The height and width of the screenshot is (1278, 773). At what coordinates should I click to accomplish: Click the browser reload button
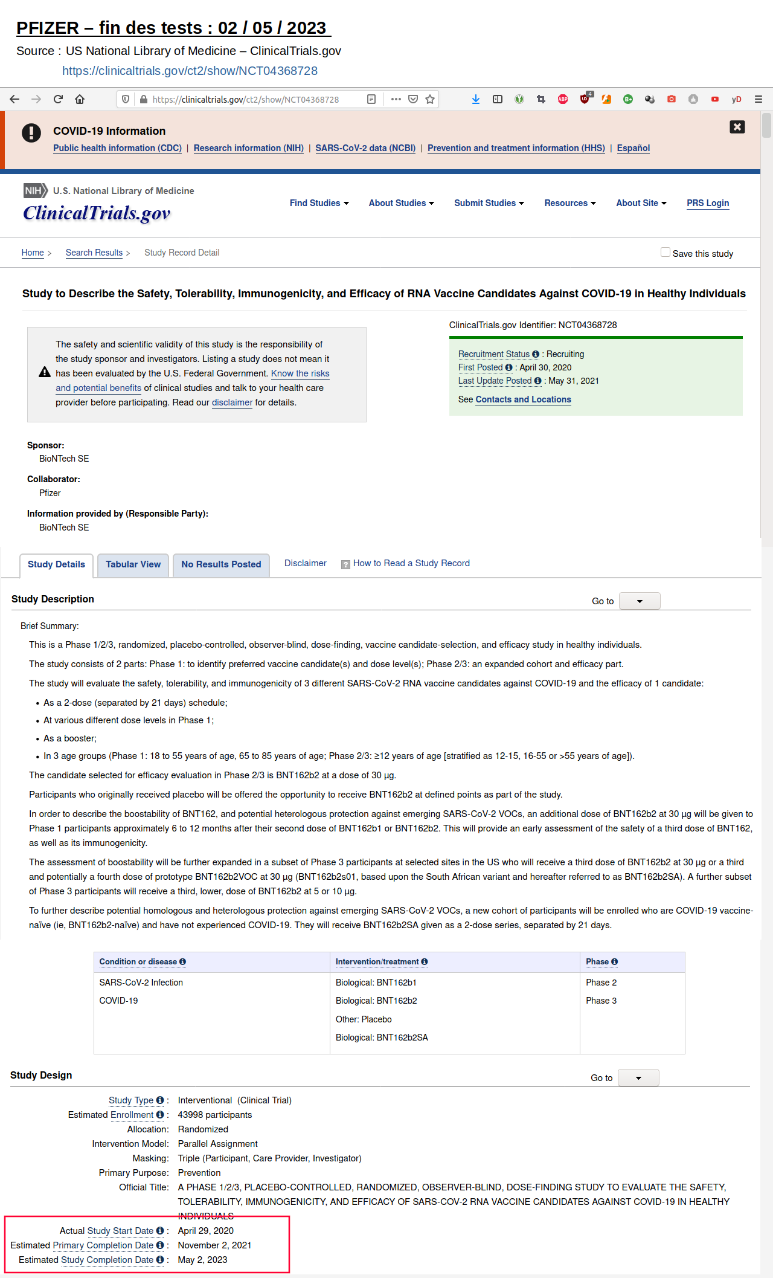click(58, 99)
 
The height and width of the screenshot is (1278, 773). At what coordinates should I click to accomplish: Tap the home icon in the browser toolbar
click(80, 99)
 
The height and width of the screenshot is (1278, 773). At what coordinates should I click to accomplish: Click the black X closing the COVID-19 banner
click(737, 127)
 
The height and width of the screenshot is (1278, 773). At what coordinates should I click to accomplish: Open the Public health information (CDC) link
click(117, 148)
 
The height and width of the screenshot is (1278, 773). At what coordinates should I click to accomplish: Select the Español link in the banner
click(633, 148)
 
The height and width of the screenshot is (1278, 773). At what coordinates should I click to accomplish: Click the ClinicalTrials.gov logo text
click(97, 213)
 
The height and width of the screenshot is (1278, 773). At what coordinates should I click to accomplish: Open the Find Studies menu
click(319, 203)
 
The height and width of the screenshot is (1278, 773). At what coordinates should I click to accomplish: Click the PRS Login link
click(707, 203)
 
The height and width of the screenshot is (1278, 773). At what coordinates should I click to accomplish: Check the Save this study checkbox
click(665, 253)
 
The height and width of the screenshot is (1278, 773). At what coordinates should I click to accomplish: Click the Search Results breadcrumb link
click(94, 253)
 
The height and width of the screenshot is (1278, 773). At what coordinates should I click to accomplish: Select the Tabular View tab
click(133, 564)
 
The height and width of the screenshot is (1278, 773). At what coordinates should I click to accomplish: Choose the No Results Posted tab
click(221, 564)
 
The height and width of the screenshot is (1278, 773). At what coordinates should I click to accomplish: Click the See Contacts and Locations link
click(523, 399)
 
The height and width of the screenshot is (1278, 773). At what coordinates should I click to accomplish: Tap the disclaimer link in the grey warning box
click(232, 402)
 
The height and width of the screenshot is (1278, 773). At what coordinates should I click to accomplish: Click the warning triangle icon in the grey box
click(45, 372)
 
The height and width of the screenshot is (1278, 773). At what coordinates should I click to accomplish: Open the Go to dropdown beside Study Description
click(640, 601)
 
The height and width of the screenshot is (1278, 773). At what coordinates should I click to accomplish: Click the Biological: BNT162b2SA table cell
click(382, 1038)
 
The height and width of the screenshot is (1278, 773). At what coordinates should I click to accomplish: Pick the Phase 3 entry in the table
click(601, 1001)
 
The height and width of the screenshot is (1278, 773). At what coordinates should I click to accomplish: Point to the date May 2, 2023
click(202, 1260)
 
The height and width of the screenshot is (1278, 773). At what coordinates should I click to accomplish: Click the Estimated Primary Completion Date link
click(103, 1245)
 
